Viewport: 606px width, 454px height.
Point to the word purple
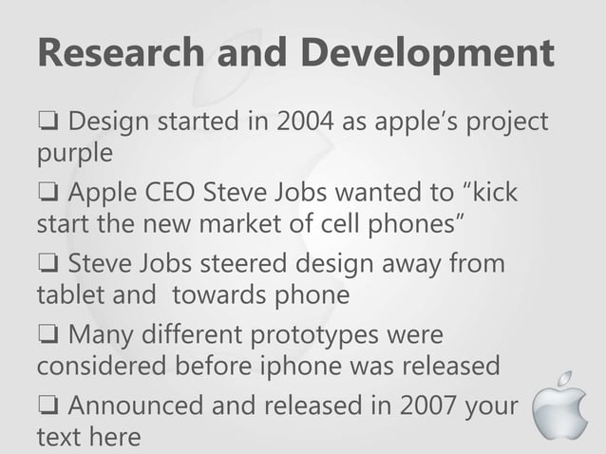tap(74, 152)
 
